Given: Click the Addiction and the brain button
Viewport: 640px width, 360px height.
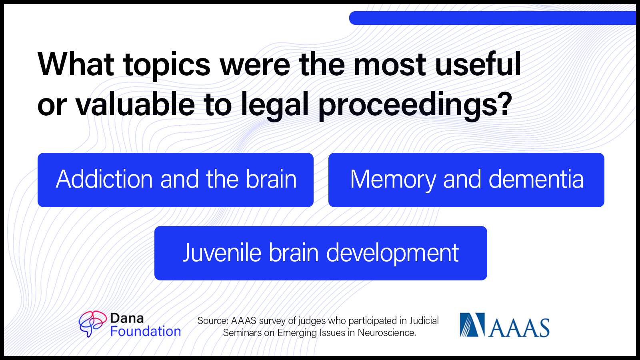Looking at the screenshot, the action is click(x=176, y=180).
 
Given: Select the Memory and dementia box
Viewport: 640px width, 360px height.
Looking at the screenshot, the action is click(x=466, y=180).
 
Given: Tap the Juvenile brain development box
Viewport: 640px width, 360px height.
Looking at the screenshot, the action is click(x=320, y=253).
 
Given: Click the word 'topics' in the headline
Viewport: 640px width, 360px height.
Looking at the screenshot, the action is click(x=167, y=65).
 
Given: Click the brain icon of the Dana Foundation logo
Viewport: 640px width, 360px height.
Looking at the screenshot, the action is click(x=92, y=324).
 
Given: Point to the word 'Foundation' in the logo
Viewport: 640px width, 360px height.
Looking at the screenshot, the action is click(x=146, y=332).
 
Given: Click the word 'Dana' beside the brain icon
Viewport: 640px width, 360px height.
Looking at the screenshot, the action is click(x=127, y=318).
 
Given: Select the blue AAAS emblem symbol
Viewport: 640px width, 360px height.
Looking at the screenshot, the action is click(x=472, y=324).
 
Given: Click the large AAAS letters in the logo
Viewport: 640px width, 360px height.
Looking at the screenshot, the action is click(x=519, y=328).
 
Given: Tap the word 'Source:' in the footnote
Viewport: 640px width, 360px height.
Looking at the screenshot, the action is click(x=212, y=320).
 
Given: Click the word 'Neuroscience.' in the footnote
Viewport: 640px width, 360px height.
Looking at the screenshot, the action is click(x=387, y=333).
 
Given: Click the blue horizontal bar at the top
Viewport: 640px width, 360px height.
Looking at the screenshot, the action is click(x=492, y=18).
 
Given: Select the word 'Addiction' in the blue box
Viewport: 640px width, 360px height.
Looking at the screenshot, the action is click(x=104, y=179).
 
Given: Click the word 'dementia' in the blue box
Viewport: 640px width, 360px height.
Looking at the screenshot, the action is click(x=536, y=179).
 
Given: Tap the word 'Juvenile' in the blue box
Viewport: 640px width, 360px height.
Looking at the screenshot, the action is click(x=222, y=252).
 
